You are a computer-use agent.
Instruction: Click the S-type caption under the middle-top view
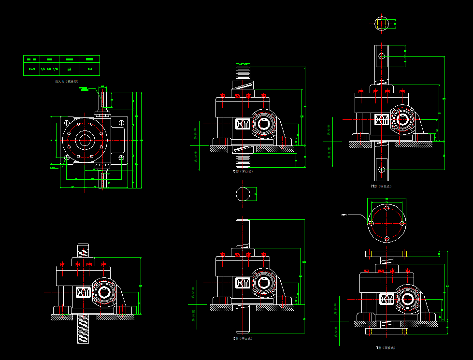243,171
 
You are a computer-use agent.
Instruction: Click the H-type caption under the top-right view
381,186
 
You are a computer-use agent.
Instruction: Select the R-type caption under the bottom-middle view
243,338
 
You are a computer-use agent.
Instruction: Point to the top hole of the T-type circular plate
387,208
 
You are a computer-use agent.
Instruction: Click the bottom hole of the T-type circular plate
387,239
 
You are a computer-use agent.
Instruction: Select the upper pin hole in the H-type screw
382,56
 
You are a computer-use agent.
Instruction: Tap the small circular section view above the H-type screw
381,23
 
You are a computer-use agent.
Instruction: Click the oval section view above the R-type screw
244,194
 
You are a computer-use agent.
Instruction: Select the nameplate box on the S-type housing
243,124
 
